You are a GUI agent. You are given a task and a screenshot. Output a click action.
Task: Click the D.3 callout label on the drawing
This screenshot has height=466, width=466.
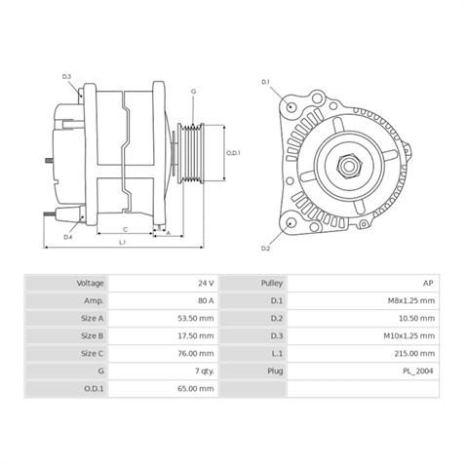[x=66, y=76]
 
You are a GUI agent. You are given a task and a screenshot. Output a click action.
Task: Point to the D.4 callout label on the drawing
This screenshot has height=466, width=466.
[x=68, y=237]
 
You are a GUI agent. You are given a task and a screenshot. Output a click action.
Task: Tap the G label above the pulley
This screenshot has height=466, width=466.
[x=194, y=91]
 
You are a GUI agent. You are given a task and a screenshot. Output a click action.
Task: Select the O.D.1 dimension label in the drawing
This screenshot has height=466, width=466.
[x=234, y=153]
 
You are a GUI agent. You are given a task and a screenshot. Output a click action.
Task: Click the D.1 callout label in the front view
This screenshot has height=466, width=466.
[x=265, y=82]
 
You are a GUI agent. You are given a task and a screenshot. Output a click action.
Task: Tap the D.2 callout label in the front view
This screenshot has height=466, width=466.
[x=265, y=249]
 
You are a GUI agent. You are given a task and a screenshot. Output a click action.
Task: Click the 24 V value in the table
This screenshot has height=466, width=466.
[x=206, y=283]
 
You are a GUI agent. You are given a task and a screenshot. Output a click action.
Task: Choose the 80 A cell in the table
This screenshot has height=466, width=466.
[x=205, y=300]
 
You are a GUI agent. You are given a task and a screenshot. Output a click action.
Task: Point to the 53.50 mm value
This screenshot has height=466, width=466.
[x=198, y=318]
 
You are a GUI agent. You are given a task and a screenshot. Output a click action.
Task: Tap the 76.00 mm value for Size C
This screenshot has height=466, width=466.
[x=198, y=353]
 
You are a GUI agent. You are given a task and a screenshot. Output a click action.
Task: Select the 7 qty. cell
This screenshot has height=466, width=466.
[x=203, y=370]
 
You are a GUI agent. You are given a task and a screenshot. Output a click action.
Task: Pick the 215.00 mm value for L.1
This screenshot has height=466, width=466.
[x=413, y=353]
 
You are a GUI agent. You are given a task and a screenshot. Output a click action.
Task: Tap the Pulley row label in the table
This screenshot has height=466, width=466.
[x=271, y=283]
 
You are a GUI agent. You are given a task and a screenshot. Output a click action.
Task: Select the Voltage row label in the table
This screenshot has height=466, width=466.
[x=90, y=283]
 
